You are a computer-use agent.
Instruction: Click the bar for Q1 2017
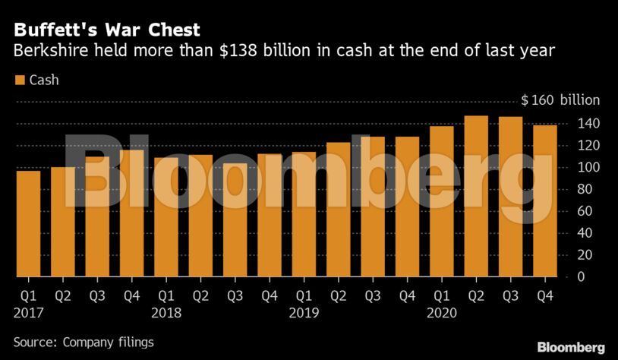coord(28,224)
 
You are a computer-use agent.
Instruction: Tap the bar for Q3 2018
coord(235,220)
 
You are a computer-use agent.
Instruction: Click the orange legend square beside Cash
coord(19,80)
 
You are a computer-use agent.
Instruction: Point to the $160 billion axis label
coord(560,100)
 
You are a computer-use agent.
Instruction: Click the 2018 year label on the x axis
coord(166,311)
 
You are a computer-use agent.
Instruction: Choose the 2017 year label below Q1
coord(28,311)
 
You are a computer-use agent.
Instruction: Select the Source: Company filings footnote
coord(84,343)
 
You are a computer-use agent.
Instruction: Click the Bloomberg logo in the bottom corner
coord(571,346)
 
